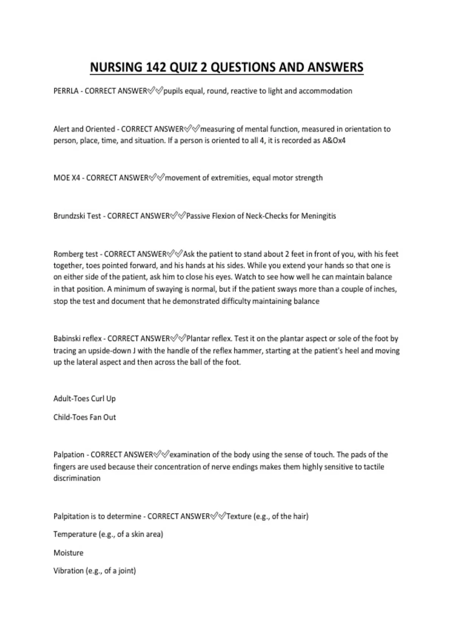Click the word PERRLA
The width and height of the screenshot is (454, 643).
[x=66, y=91]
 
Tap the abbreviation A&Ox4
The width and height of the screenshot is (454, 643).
[x=334, y=140]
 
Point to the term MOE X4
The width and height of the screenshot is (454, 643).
[x=67, y=178]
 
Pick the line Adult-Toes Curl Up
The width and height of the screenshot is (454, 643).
[x=84, y=399]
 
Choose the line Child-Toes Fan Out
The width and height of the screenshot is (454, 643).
[x=84, y=417]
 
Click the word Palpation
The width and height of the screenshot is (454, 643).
[x=69, y=455]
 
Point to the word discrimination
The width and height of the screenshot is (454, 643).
[x=77, y=478]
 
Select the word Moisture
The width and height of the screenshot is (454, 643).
[x=68, y=553]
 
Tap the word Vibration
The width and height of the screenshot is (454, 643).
[x=68, y=571]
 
